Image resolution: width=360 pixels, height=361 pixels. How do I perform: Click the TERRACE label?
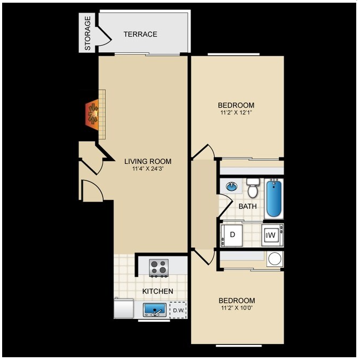[x=140, y=34]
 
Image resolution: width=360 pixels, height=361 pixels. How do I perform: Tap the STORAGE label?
[x=88, y=33]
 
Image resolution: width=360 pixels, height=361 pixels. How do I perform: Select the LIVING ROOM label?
[x=148, y=162]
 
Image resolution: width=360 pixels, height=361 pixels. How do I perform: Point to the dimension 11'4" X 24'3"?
[x=148, y=169]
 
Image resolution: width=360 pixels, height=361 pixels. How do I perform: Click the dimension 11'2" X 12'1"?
[x=236, y=113]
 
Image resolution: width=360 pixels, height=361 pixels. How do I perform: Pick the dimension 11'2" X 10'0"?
[x=237, y=308]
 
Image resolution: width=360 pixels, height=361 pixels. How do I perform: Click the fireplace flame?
[x=93, y=114]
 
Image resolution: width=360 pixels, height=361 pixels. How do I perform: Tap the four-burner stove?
[x=159, y=268]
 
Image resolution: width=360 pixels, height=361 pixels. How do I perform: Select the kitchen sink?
[x=154, y=310]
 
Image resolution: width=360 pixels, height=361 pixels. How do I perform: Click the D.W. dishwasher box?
[x=178, y=310]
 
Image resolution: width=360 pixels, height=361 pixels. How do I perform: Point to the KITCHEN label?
[x=158, y=291]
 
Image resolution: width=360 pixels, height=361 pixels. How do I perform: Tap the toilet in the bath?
[x=253, y=188]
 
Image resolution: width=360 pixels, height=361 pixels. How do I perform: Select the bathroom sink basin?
[x=232, y=186]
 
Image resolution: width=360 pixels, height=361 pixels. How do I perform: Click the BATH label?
[x=248, y=206]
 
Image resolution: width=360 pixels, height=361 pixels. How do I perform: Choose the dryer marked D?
[x=232, y=235]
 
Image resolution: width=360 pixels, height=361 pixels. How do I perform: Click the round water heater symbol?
[x=275, y=259]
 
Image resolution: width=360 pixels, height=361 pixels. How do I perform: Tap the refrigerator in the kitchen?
[x=124, y=309]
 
